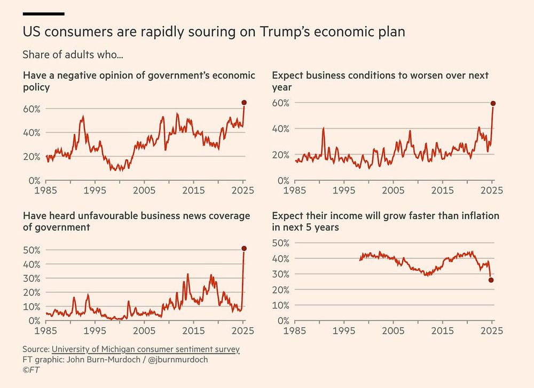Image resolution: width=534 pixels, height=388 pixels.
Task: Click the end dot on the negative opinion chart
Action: (x=244, y=103)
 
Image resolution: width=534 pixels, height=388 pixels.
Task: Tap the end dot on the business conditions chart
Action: (x=493, y=103)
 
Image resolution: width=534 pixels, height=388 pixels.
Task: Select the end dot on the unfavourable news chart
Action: (x=244, y=249)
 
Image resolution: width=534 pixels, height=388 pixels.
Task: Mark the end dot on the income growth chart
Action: (x=491, y=280)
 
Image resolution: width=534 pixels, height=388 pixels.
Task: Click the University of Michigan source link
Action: (x=146, y=349)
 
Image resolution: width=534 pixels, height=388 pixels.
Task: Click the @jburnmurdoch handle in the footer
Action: (x=178, y=359)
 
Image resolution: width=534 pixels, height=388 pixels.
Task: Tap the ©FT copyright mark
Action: (x=31, y=370)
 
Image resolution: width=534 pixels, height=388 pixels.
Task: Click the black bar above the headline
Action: (x=44, y=14)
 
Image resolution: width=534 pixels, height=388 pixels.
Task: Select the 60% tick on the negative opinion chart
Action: (x=32, y=109)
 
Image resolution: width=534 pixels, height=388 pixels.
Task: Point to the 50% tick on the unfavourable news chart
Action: (x=32, y=250)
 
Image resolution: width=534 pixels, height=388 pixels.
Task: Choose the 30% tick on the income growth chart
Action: (x=281, y=274)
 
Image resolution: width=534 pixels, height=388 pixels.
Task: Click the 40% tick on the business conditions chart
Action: (x=281, y=129)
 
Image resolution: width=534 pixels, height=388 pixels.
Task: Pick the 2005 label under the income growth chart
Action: (x=393, y=330)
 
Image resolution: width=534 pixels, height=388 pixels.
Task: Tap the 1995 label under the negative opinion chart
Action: (x=95, y=190)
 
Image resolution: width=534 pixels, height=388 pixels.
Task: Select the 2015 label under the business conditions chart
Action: (x=442, y=190)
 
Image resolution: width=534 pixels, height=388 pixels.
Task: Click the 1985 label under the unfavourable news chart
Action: (x=45, y=330)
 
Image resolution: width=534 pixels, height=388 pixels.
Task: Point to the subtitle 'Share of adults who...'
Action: (x=73, y=55)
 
